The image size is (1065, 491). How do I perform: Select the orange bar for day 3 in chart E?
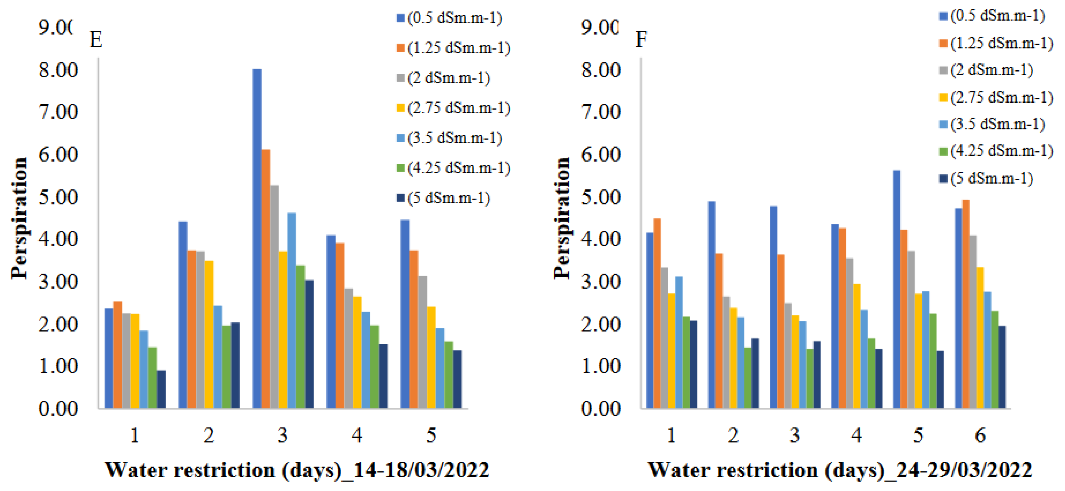click(266, 279)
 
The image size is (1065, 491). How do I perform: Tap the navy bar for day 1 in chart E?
click(161, 389)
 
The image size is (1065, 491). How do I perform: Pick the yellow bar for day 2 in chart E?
click(209, 334)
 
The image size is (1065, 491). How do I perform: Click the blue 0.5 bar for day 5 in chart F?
click(897, 289)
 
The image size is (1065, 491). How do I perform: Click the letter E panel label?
click(96, 40)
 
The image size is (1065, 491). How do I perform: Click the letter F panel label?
click(641, 40)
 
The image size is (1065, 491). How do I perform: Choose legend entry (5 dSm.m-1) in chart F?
click(991, 178)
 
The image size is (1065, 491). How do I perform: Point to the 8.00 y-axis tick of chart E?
click(58, 70)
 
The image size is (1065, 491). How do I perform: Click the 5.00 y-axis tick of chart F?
click(601, 197)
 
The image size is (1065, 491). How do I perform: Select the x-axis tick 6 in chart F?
click(980, 435)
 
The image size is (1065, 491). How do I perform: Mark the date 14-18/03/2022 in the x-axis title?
click(422, 470)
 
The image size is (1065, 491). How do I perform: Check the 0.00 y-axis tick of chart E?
click(58, 409)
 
